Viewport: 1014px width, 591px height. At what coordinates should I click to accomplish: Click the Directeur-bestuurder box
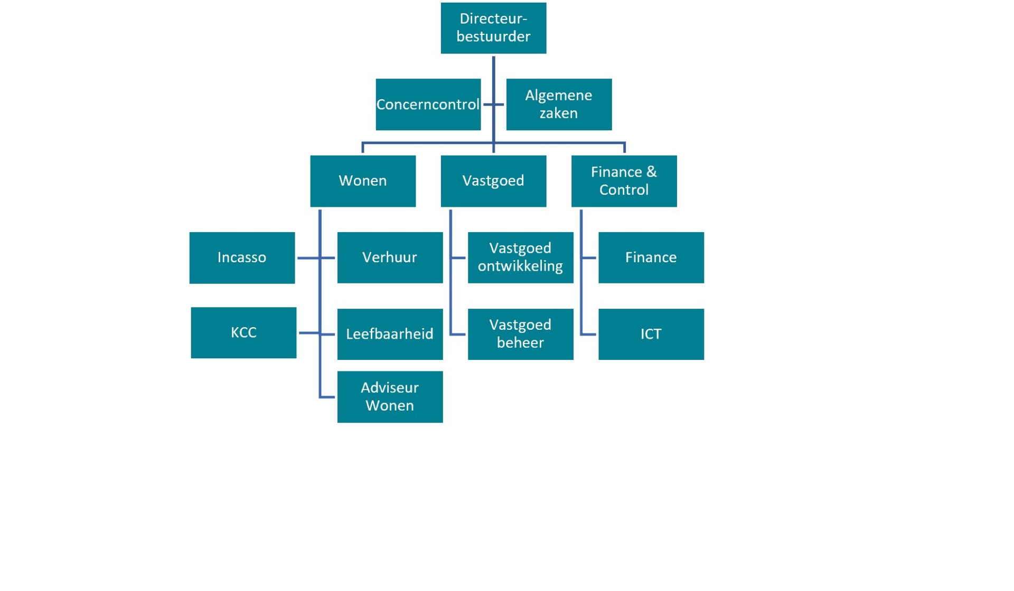coord(493,28)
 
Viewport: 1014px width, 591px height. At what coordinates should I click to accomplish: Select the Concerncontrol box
coord(428,104)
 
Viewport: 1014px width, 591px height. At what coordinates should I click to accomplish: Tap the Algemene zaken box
coord(559,104)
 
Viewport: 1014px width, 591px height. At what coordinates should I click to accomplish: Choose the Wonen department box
coord(363,181)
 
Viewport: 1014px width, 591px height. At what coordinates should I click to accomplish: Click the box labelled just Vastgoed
coord(493,181)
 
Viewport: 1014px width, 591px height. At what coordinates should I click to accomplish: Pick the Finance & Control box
coord(624,181)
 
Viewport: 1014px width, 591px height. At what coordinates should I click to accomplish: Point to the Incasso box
coord(242,258)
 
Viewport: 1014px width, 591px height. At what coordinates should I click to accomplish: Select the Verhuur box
coord(390,258)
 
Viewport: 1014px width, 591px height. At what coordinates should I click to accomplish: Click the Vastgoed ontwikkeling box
coord(521,258)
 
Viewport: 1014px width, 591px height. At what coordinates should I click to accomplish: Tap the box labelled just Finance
coord(651,258)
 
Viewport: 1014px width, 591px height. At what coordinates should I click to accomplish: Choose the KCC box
coord(243,333)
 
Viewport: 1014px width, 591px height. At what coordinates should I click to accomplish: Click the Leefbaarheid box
coord(390,334)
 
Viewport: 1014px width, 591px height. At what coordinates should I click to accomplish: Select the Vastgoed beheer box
coord(521,334)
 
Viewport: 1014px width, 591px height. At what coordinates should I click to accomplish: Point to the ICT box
coord(651,334)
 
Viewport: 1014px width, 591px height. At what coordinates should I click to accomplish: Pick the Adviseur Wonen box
coord(390,397)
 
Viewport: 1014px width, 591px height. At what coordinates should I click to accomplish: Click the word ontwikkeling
coord(520,266)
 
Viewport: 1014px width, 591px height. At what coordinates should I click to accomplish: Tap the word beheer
coord(520,342)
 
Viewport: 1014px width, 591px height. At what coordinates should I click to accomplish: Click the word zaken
coord(559,113)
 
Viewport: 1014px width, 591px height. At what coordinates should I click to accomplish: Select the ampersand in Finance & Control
coord(651,172)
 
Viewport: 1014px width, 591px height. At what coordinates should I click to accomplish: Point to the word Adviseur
coord(390,388)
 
